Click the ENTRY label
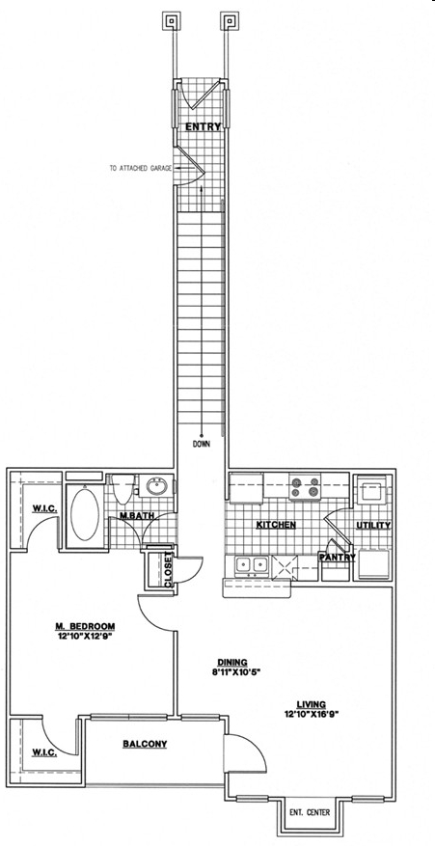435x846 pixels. point(203,126)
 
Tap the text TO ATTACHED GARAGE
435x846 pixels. point(141,169)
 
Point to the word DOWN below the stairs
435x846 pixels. point(202,445)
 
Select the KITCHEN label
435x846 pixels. point(276,525)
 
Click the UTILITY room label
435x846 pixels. point(373,525)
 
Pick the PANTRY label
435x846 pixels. point(337,558)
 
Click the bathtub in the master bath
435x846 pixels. point(85,514)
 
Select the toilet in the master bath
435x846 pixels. point(123,488)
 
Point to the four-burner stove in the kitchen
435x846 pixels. point(305,486)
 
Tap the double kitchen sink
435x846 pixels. point(252,564)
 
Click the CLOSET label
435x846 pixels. point(169,569)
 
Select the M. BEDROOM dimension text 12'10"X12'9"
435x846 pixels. point(85,636)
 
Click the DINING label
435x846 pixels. point(232,662)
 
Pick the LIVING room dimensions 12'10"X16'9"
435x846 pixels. point(311,713)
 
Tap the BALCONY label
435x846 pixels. point(145,744)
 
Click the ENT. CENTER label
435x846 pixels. point(310,812)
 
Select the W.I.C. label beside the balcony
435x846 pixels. point(45,753)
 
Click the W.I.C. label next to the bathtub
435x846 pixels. point(43,509)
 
